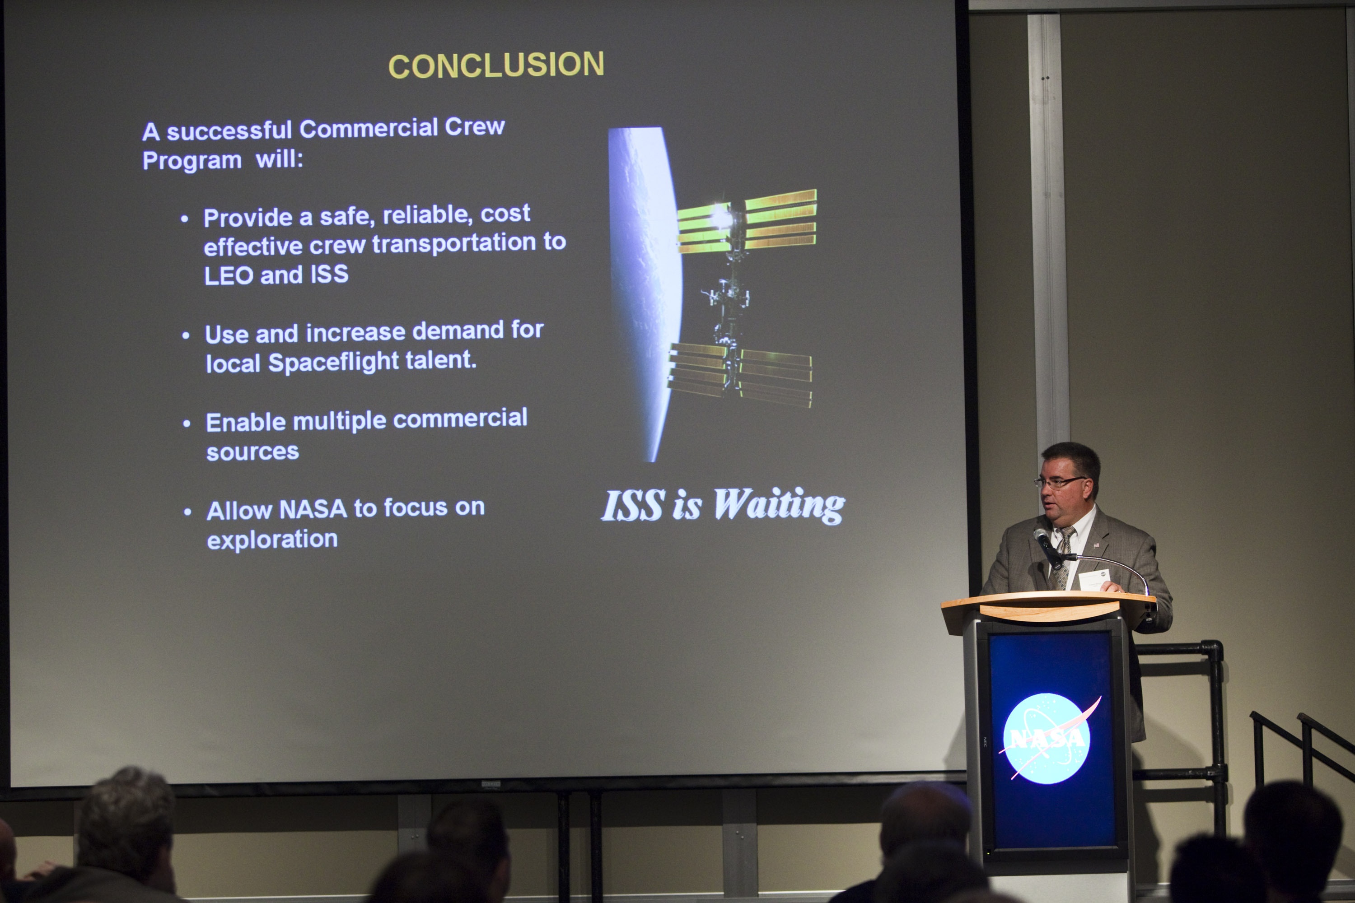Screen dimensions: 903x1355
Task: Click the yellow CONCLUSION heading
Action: point(496,65)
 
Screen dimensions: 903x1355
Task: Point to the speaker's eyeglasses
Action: point(1060,483)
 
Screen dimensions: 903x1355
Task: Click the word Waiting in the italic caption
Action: point(779,506)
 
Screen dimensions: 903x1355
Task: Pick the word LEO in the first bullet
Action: point(229,275)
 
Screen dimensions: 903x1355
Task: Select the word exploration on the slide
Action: point(272,540)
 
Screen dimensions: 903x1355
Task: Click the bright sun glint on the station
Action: point(721,217)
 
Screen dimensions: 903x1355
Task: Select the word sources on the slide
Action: point(252,452)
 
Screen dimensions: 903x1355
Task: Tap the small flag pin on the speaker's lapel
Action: point(1096,544)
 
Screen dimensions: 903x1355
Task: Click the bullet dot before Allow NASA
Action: point(187,512)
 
